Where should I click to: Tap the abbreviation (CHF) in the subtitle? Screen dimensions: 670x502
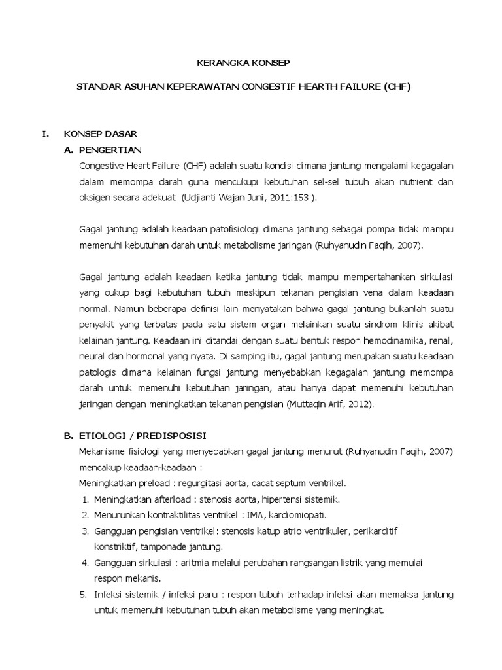click(397, 86)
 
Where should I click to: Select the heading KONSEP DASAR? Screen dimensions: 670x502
click(100, 133)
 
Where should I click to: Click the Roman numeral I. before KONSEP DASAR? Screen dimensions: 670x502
click(45, 133)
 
